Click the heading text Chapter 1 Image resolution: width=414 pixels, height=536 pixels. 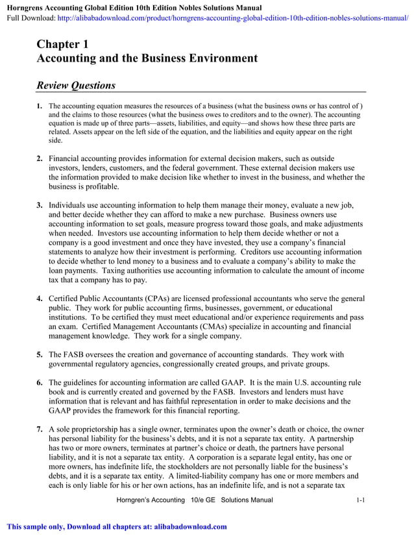pyautogui.click(x=62, y=44)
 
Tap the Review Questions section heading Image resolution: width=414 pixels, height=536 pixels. pyautogui.click(x=76, y=86)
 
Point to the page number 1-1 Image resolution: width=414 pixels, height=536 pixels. pyautogui.click(x=361, y=500)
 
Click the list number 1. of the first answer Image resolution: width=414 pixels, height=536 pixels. pyautogui.click(x=40, y=106)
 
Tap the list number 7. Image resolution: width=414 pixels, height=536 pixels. pyautogui.click(x=40, y=429)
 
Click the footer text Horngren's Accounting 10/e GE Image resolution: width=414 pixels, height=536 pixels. pyautogui.click(x=166, y=500)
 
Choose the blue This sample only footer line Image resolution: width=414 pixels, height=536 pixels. pyautogui.click(x=117, y=527)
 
